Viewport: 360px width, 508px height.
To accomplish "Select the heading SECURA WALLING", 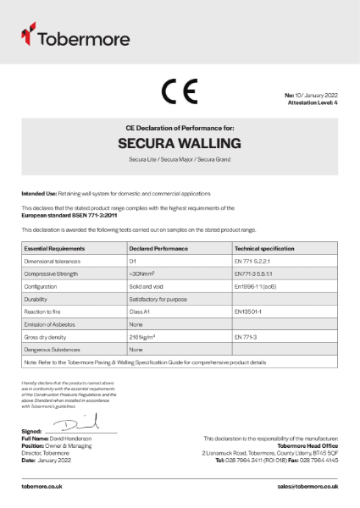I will [180, 143].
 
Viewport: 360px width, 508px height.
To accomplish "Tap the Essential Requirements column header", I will [54, 249].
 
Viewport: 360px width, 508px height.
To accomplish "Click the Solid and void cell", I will [147, 287].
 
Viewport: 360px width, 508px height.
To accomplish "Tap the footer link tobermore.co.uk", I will [43, 488].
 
